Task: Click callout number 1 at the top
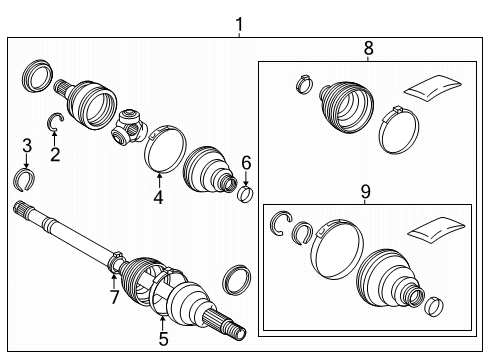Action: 238,22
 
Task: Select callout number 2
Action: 55,154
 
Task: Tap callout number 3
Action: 27,148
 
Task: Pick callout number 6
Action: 246,160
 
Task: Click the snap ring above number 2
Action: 56,123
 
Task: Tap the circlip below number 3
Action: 27,179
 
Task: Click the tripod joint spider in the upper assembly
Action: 130,126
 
